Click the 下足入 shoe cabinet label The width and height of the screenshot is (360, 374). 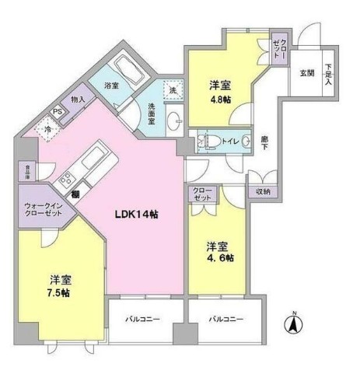329,73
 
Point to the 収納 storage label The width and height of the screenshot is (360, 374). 263,191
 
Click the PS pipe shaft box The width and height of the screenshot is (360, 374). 57,111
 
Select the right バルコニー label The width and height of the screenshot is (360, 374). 224,320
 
